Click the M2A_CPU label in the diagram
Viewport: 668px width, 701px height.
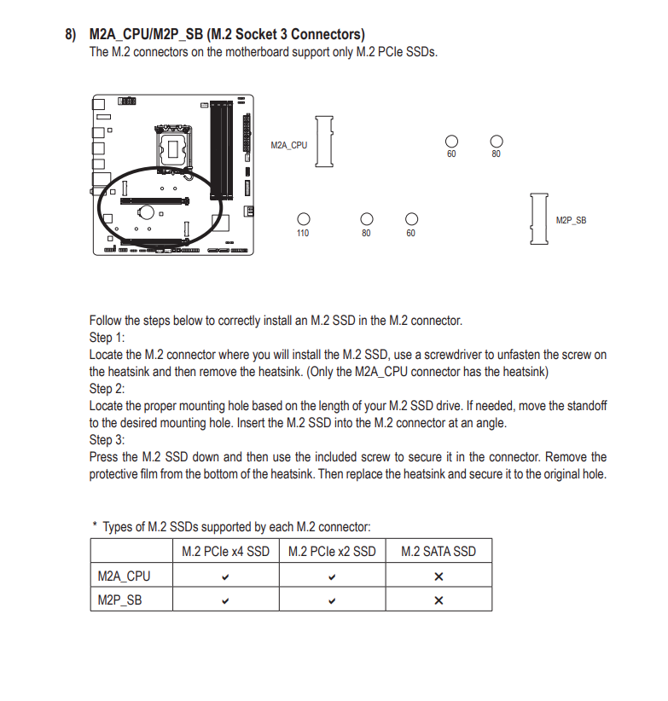click(289, 145)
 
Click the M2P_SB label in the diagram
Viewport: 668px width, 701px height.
click(571, 220)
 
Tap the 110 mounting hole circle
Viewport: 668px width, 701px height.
click(304, 219)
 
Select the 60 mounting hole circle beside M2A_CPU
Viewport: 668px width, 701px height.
click(451, 142)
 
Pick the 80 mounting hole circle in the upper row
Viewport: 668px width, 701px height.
click(497, 142)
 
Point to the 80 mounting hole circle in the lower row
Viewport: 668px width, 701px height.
click(367, 219)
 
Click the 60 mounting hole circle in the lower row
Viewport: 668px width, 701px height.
click(411, 219)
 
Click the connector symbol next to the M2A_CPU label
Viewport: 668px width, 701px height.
click(324, 142)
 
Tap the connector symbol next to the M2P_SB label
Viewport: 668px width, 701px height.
click(539, 219)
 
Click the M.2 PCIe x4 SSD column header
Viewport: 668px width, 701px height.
click(225, 551)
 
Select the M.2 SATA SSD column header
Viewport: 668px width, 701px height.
click(439, 551)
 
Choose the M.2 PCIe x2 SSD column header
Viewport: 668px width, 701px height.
click(332, 551)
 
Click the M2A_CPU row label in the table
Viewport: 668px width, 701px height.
click(124, 576)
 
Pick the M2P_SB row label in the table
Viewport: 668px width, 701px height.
click(119, 600)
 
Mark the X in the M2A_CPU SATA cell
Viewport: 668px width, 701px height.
click(439, 576)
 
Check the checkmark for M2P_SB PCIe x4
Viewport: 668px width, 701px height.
click(225, 601)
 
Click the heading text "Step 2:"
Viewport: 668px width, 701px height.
click(107, 389)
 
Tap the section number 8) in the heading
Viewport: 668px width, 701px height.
click(71, 34)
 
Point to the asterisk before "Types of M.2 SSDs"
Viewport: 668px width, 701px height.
click(95, 523)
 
